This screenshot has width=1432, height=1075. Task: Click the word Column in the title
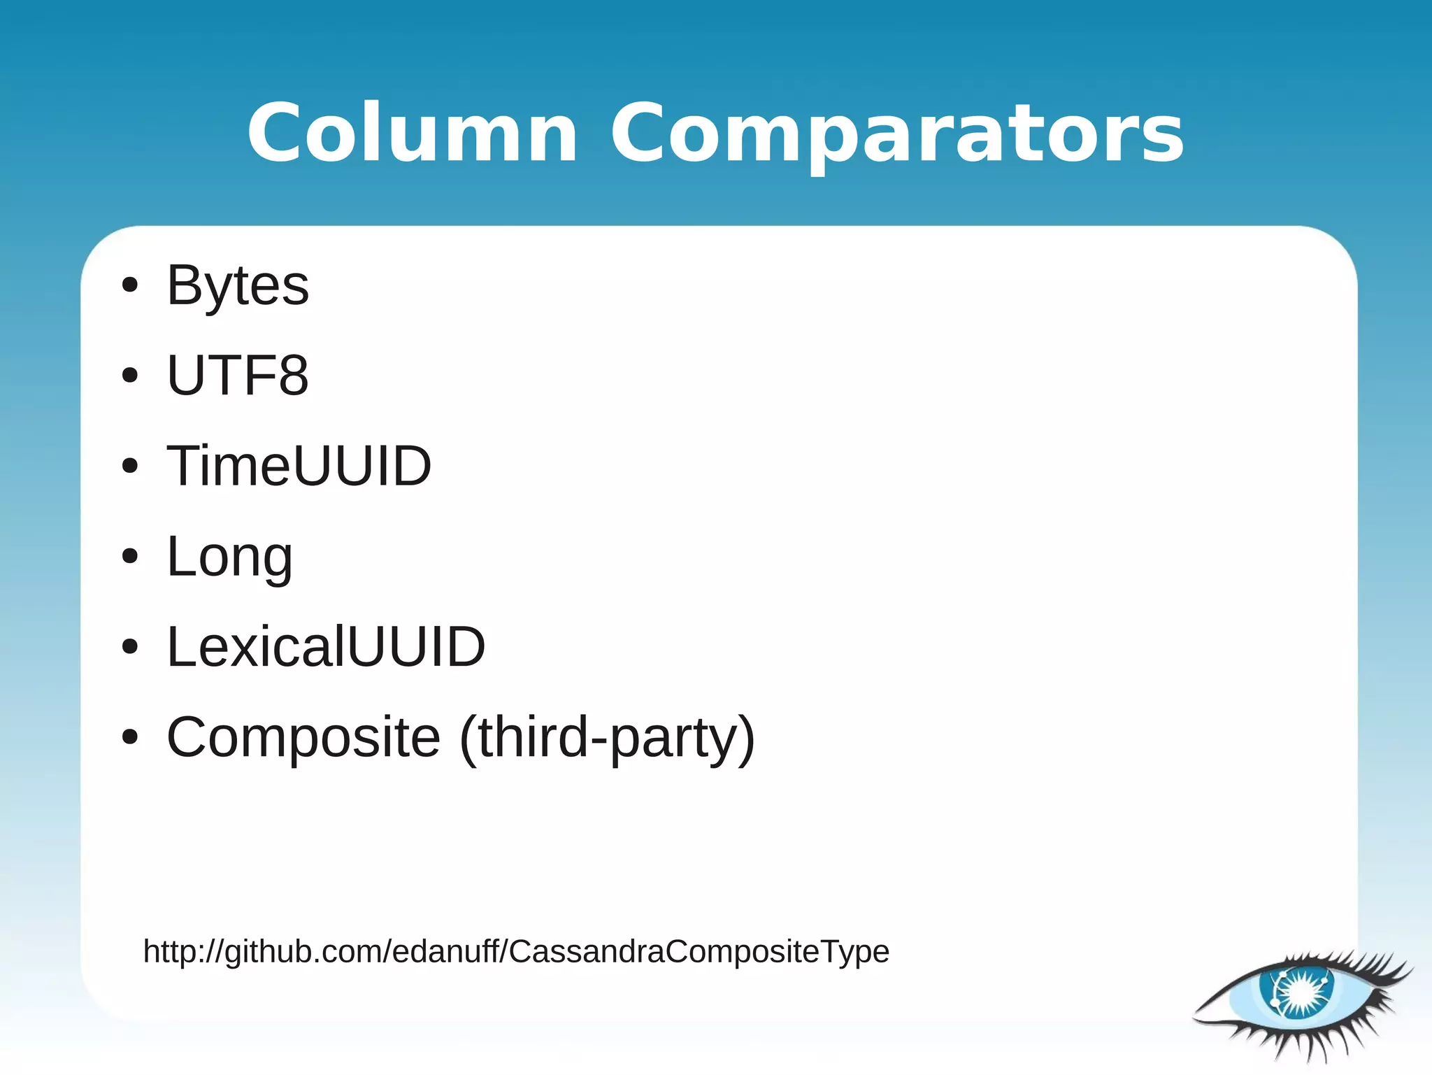[x=413, y=133]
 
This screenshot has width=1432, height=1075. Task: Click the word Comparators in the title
[x=897, y=133]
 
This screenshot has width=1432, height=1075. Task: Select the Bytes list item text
[x=238, y=285]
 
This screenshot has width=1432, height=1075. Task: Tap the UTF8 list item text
[x=238, y=376]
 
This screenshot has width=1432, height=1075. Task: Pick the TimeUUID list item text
[x=299, y=466]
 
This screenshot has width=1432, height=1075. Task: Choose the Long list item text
[x=229, y=557]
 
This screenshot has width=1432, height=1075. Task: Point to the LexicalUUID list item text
[x=326, y=647]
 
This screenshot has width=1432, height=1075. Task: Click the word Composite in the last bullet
[x=303, y=737]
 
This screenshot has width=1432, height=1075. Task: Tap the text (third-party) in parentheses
[x=607, y=737]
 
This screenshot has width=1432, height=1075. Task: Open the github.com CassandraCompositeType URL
[x=516, y=952]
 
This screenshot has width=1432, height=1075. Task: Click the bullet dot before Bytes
[x=129, y=285]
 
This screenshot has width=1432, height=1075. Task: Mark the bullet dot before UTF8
[x=129, y=376]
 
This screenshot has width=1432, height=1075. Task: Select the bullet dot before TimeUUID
[x=129, y=466]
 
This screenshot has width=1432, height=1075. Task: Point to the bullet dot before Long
[x=129, y=557]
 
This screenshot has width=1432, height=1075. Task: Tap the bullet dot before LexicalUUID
[x=129, y=647]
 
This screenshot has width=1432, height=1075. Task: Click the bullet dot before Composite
[x=129, y=737]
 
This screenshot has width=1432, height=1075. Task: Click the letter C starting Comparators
[x=642, y=133]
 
